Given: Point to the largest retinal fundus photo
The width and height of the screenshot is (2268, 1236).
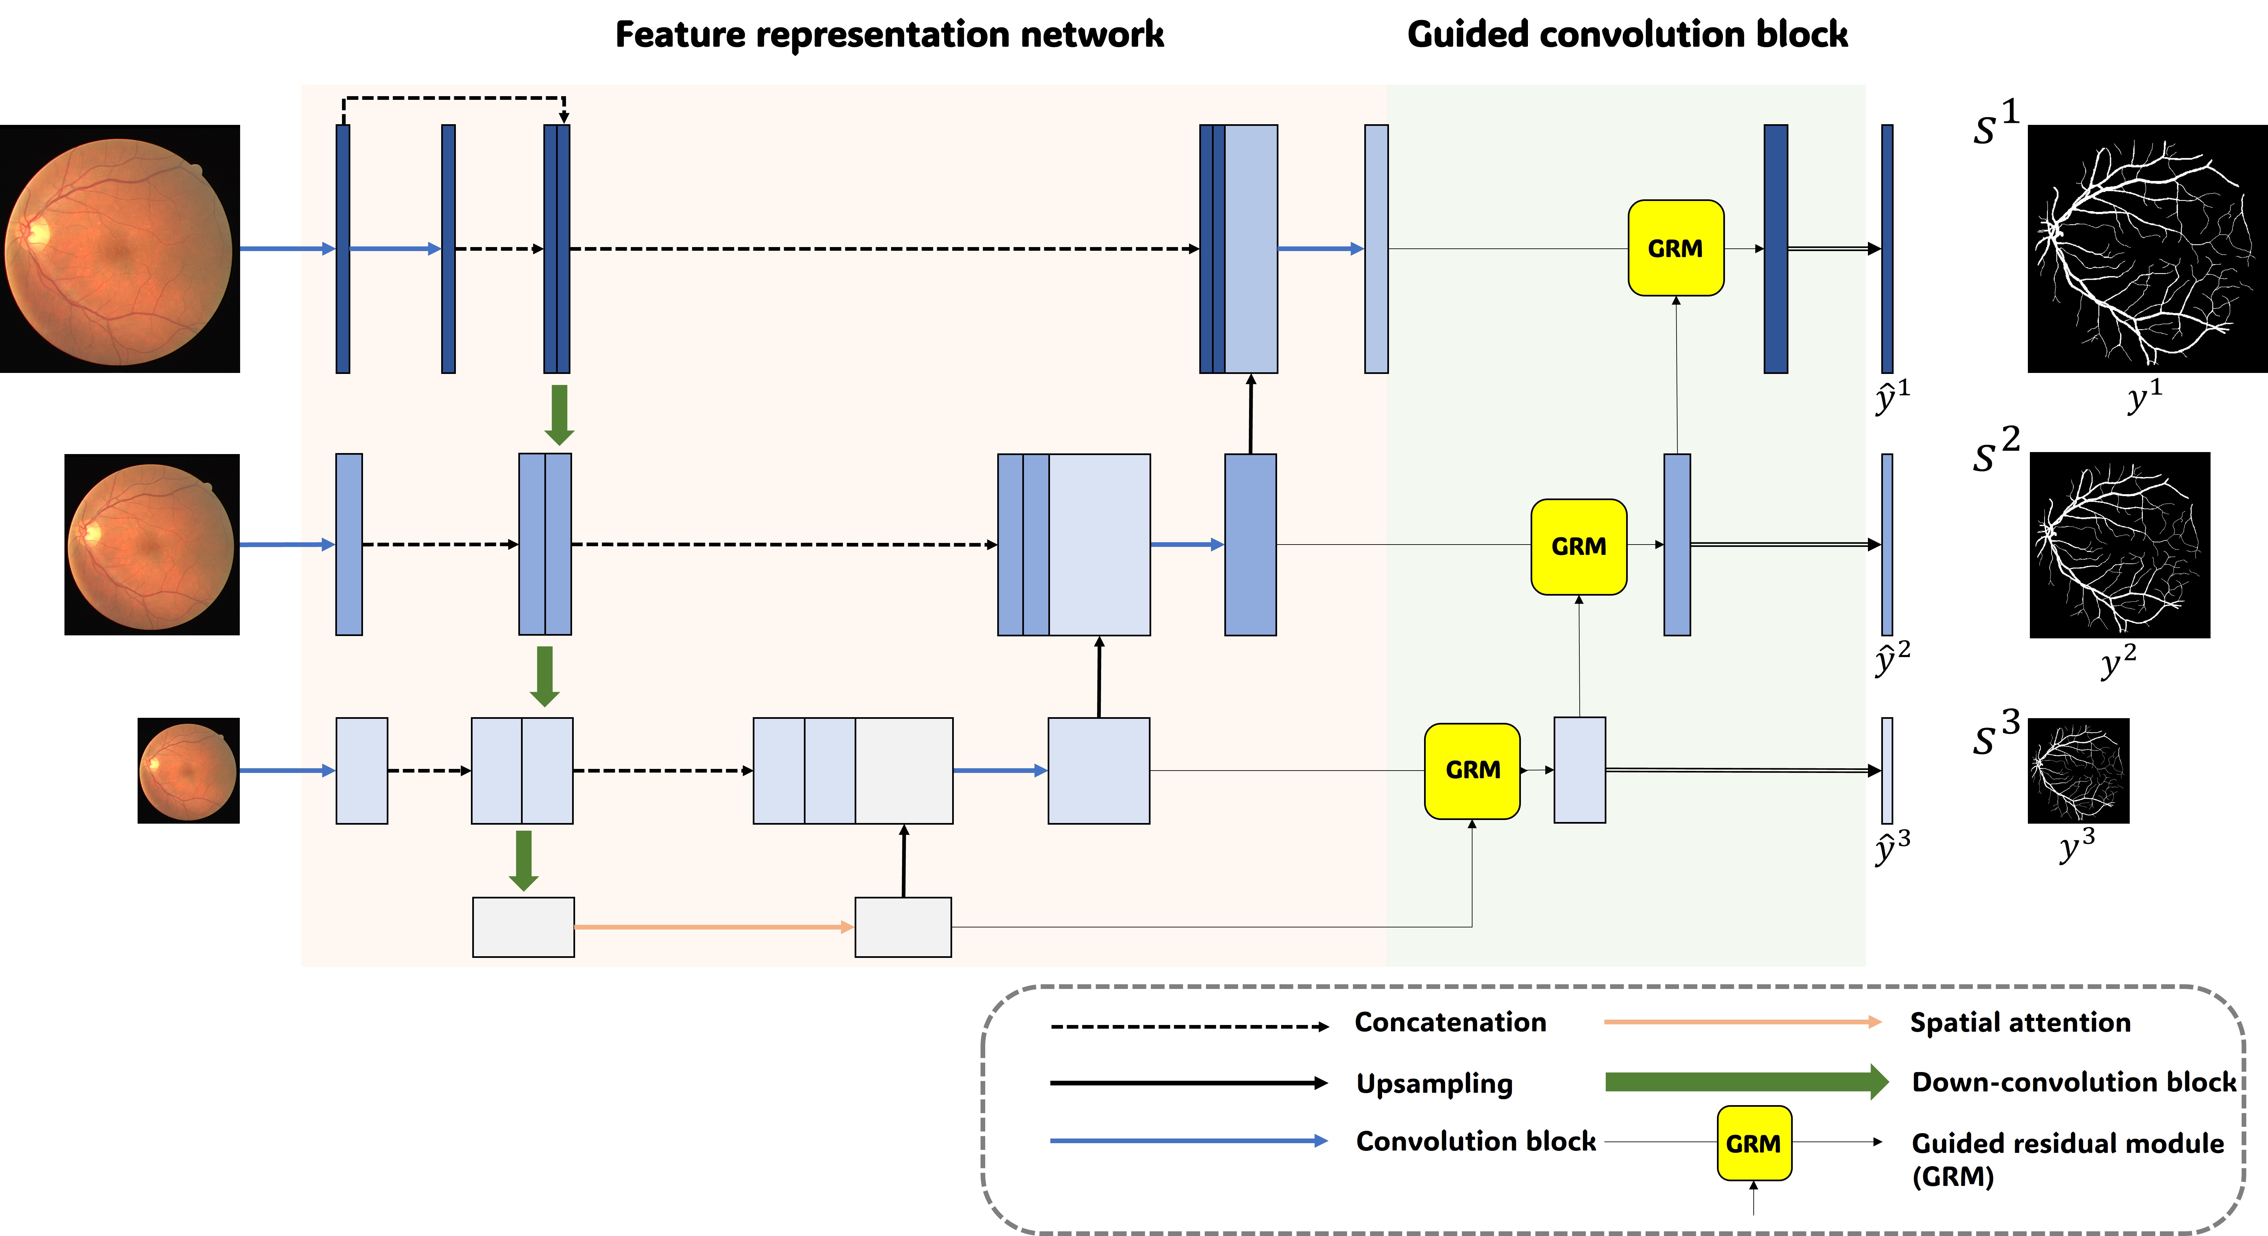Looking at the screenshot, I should (x=120, y=249).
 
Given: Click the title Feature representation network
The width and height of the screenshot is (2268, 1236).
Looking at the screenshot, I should (x=889, y=35).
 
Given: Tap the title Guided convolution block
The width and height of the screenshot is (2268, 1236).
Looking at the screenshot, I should (x=1627, y=35).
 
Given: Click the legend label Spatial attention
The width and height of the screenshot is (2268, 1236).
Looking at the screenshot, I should (x=2020, y=1023).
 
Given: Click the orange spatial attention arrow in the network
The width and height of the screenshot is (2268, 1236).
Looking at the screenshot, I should (x=713, y=927).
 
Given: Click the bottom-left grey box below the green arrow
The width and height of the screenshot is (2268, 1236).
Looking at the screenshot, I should (x=523, y=927).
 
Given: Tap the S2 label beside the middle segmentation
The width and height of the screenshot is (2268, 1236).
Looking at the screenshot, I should (x=1995, y=452).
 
